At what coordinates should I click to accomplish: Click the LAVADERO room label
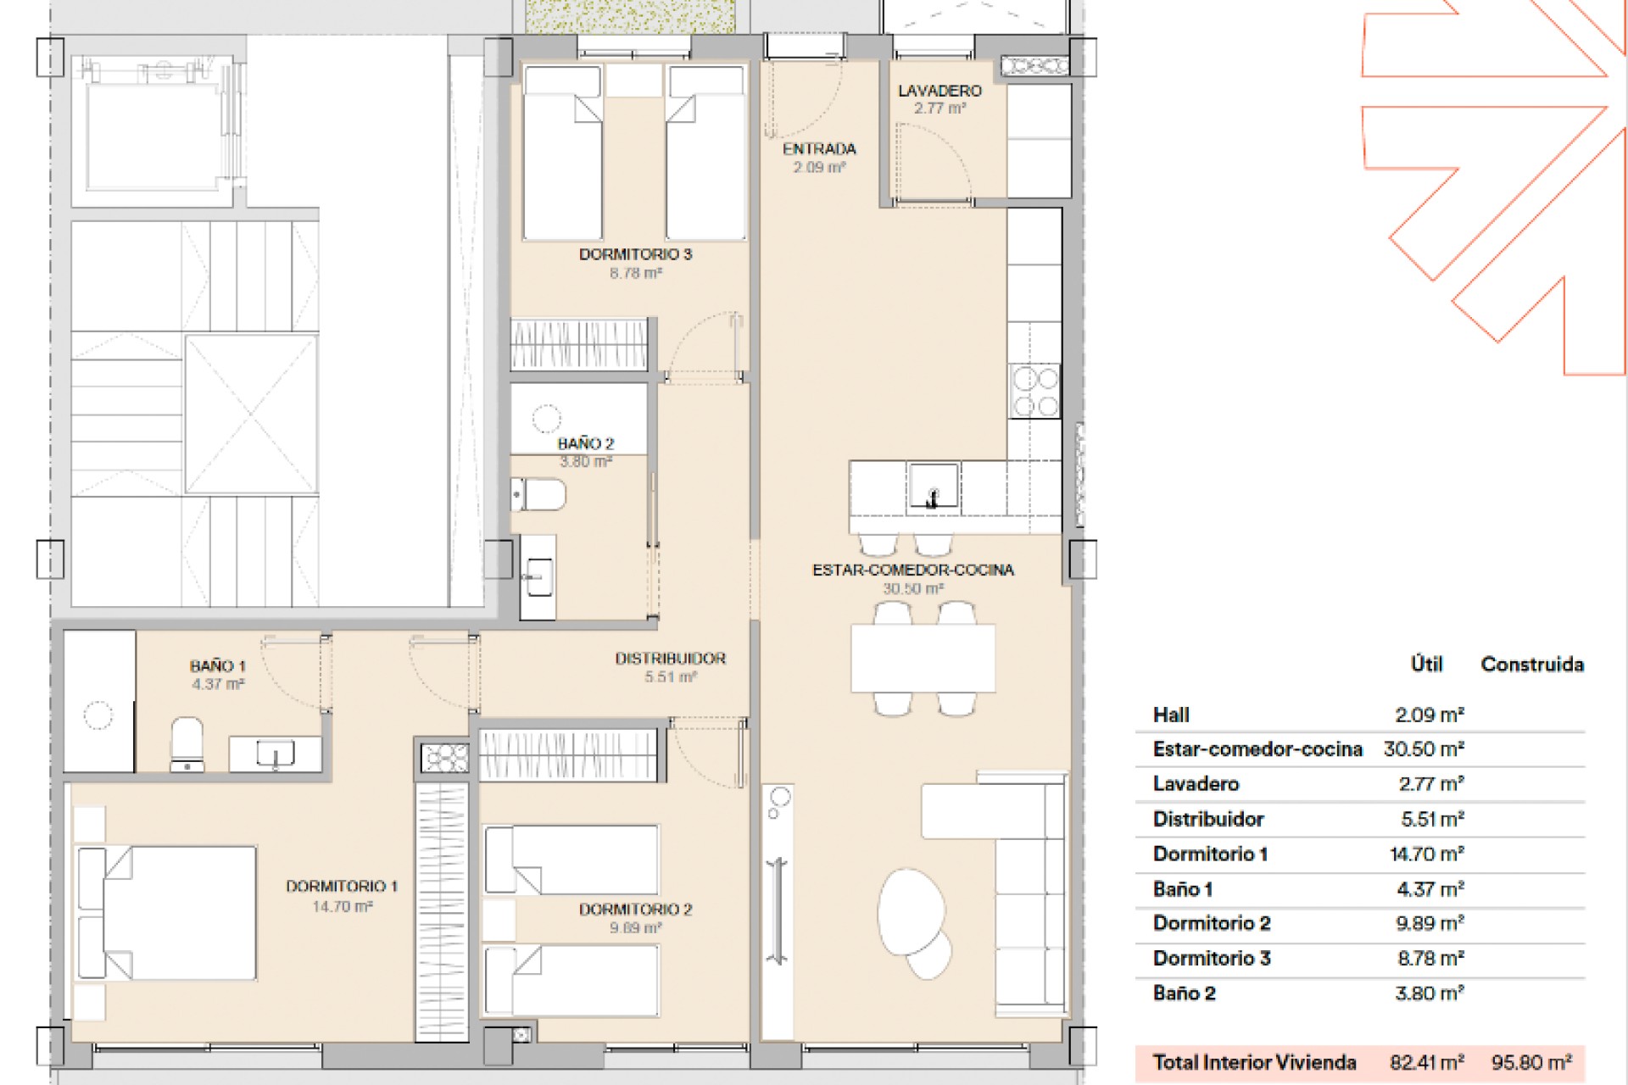pos(939,91)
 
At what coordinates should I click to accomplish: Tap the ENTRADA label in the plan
pos(819,149)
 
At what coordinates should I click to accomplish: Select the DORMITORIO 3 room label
pos(635,254)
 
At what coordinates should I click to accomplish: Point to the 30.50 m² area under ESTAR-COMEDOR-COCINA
pos(913,588)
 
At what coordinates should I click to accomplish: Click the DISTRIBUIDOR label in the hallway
pos(671,659)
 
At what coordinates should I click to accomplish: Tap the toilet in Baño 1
pos(187,744)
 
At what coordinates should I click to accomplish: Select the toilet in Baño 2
pos(538,495)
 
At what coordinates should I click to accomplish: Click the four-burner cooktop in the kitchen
pos(1034,390)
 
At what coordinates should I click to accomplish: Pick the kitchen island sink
pos(933,486)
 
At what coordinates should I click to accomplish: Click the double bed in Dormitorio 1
pos(166,913)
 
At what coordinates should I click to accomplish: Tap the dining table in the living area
pos(923,658)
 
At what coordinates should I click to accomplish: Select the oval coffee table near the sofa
pos(912,911)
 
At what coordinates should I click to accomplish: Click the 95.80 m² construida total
pos(1531,1062)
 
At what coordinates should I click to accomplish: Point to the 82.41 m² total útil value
pos(1427,1062)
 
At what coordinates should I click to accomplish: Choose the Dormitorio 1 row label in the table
pos(1210,854)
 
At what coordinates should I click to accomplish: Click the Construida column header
pos(1532,664)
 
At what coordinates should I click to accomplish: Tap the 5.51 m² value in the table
pos(1432,819)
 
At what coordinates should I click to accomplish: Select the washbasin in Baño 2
pos(538,577)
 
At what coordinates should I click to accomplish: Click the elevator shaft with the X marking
pos(251,414)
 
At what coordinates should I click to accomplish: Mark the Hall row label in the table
pos(1171,715)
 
